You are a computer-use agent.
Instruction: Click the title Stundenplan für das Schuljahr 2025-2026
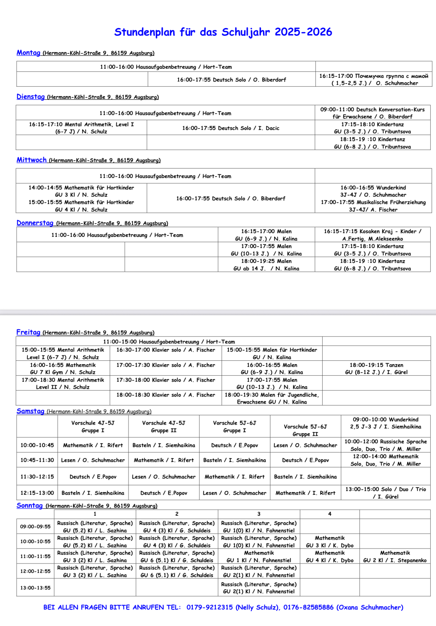[223, 32]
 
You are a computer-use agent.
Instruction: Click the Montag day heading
[28, 53]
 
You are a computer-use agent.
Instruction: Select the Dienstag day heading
[30, 97]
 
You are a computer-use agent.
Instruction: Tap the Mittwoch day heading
[32, 160]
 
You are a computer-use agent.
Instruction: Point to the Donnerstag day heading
[35, 223]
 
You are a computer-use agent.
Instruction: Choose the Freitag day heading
[28, 332]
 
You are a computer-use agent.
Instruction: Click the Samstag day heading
[30, 411]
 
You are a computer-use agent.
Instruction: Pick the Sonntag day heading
[29, 506]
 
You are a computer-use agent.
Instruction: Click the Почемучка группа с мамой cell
[374, 80]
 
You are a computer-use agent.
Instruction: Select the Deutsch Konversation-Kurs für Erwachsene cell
[372, 113]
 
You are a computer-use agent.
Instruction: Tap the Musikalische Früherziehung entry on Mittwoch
[373, 206]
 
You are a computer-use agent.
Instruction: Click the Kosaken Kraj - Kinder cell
[372, 235]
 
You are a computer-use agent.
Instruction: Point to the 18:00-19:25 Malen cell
[266, 265]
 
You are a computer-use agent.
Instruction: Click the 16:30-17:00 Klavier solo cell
[166, 350]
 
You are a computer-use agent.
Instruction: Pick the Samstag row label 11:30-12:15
[37, 476]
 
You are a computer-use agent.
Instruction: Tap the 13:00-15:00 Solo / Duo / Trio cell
[386, 493]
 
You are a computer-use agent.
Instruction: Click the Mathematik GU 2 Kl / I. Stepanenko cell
[395, 556]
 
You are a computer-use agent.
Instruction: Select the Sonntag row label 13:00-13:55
[35, 588]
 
